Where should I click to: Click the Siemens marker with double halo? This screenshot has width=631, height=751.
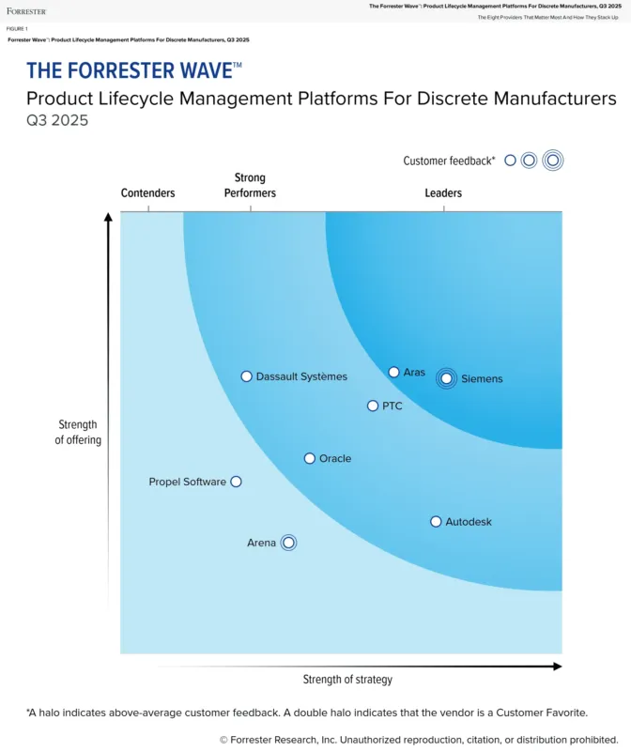[x=447, y=379]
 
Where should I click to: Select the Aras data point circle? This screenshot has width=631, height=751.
[x=394, y=373]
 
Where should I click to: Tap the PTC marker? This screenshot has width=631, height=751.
[x=373, y=406]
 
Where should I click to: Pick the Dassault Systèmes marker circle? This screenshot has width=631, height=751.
[x=246, y=376]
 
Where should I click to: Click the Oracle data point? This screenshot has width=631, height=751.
[x=310, y=459]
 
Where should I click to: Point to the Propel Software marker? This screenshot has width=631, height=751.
[x=236, y=482]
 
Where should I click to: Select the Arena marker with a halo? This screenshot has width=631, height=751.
[x=288, y=543]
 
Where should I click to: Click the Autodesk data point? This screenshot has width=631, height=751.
[x=436, y=522]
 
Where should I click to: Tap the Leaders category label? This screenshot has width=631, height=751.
[x=443, y=193]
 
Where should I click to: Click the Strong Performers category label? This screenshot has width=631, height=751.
[x=250, y=185]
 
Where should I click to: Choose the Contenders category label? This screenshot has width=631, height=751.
[x=148, y=193]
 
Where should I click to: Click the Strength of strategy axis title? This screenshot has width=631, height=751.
[x=347, y=680]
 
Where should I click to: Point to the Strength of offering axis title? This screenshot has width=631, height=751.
[x=78, y=433]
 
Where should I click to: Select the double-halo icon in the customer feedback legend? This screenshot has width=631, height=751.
[x=552, y=161]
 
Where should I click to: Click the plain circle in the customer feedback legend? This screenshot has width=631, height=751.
[x=510, y=161]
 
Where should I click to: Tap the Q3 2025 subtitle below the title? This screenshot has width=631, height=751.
[x=57, y=121]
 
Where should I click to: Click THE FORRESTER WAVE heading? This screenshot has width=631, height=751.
[x=133, y=71]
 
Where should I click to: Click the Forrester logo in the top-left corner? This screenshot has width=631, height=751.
[x=25, y=11]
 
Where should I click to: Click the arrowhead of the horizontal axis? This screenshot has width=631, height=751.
[x=557, y=667]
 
